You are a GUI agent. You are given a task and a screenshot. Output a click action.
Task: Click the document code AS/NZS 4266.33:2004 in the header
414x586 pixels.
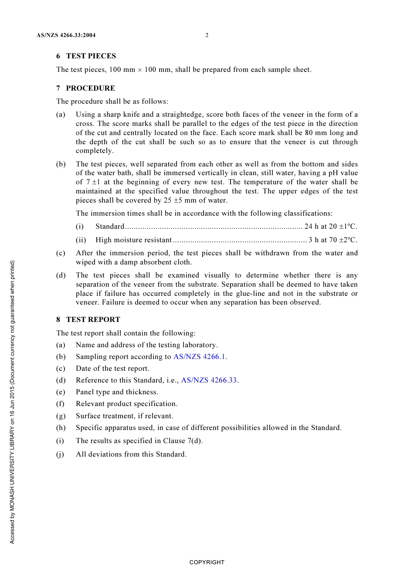pos(66,35)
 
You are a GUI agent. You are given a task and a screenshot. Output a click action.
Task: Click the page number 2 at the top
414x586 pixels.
pos(207,35)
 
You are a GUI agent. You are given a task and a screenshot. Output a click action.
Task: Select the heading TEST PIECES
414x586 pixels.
pos(91,56)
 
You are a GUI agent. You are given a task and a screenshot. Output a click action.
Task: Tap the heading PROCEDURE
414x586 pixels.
pos(91,88)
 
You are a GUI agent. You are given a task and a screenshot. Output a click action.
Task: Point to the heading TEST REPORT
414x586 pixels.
pos(93,320)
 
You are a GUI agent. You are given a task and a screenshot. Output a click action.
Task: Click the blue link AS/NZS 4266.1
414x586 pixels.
pos(199,357)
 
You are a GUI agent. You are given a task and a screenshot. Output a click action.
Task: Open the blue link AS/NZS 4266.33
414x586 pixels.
pos(209,380)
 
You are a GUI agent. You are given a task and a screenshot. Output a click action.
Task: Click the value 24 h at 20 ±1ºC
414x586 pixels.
pos(330,227)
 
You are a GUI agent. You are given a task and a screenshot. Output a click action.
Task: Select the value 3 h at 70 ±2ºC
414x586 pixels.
pos(333,240)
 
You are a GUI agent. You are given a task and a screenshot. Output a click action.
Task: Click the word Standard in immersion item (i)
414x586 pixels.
pos(110,227)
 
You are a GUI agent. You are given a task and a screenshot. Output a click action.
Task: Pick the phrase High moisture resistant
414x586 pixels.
pos(133,240)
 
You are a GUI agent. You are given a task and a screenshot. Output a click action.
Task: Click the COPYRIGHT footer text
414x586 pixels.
pos(207,562)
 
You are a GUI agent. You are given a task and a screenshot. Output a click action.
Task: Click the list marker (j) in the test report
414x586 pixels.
pos(60,454)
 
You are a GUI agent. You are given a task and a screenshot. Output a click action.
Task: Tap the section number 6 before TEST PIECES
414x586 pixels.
pos(58,56)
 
